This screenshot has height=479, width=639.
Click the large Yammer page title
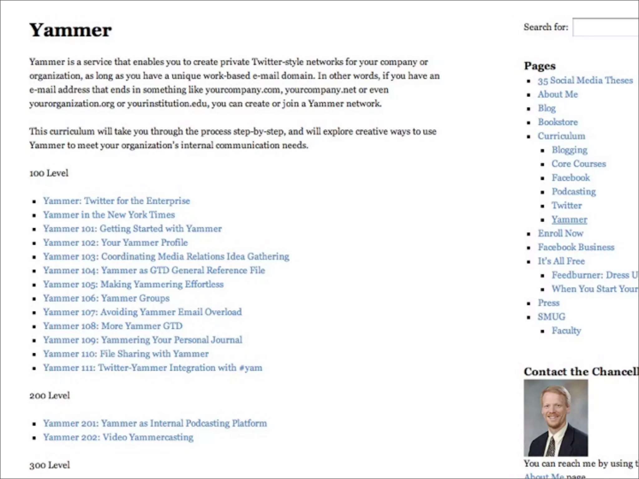click(70, 31)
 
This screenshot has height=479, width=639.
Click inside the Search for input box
click(605, 27)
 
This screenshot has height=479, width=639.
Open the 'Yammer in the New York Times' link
click(109, 215)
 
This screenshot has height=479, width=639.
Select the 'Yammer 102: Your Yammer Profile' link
click(115, 243)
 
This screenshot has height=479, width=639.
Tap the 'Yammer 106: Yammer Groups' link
click(106, 298)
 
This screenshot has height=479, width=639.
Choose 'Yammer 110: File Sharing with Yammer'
click(126, 354)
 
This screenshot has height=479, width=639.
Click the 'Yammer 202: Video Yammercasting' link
click(118, 437)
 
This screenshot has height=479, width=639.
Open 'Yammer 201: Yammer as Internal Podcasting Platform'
click(155, 423)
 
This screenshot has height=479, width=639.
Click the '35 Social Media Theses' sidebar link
click(585, 80)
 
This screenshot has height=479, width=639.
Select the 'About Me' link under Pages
click(558, 94)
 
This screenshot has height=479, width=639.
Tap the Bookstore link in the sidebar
click(558, 122)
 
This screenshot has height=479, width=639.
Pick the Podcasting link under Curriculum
click(573, 191)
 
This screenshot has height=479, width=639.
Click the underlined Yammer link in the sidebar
click(569, 220)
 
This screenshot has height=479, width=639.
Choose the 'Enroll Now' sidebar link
click(560, 233)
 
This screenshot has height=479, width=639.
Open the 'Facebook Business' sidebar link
click(576, 247)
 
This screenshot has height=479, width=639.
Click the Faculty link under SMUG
click(566, 331)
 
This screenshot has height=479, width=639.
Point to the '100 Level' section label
click(49, 173)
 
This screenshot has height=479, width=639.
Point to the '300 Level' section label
click(50, 465)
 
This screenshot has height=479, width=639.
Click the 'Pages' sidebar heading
click(540, 66)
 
